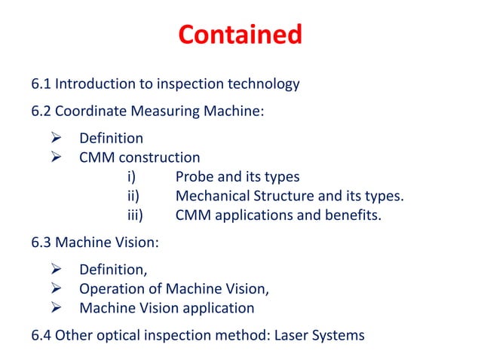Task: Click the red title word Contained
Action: point(240,35)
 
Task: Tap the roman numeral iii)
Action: point(135,217)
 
